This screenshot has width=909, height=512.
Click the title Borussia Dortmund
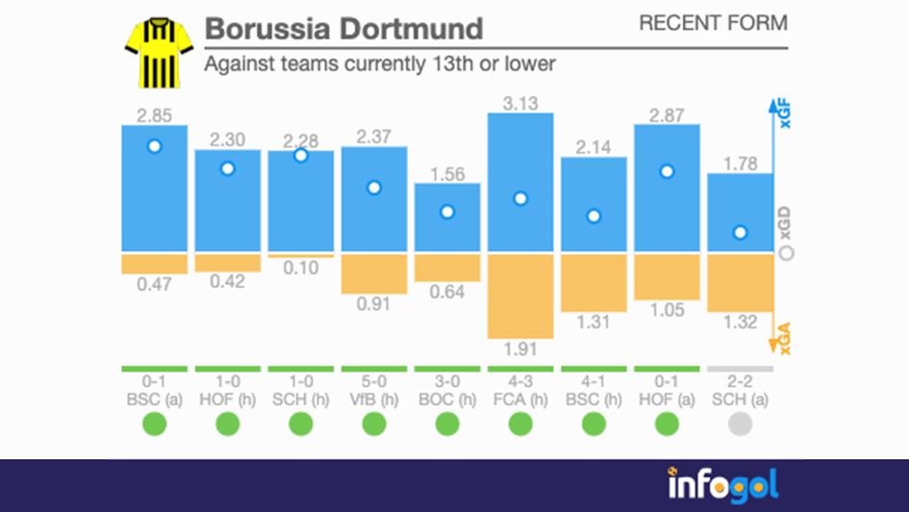tap(343, 28)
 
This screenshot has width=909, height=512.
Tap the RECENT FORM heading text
tap(712, 23)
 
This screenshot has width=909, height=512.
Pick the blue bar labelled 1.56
tap(447, 218)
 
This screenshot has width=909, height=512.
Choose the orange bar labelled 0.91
tap(374, 273)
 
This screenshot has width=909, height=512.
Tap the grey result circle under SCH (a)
tap(740, 423)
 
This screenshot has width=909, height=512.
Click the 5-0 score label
tap(374, 381)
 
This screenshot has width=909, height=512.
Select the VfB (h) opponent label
tap(374, 397)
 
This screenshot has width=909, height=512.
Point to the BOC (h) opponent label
tap(447, 397)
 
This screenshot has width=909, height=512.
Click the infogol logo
tap(722, 484)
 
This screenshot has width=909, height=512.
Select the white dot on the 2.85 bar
tap(154, 146)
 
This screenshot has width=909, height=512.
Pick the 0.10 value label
tap(301, 269)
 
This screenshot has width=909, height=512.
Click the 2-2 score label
tap(740, 381)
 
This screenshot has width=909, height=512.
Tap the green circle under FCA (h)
tap(520, 423)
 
